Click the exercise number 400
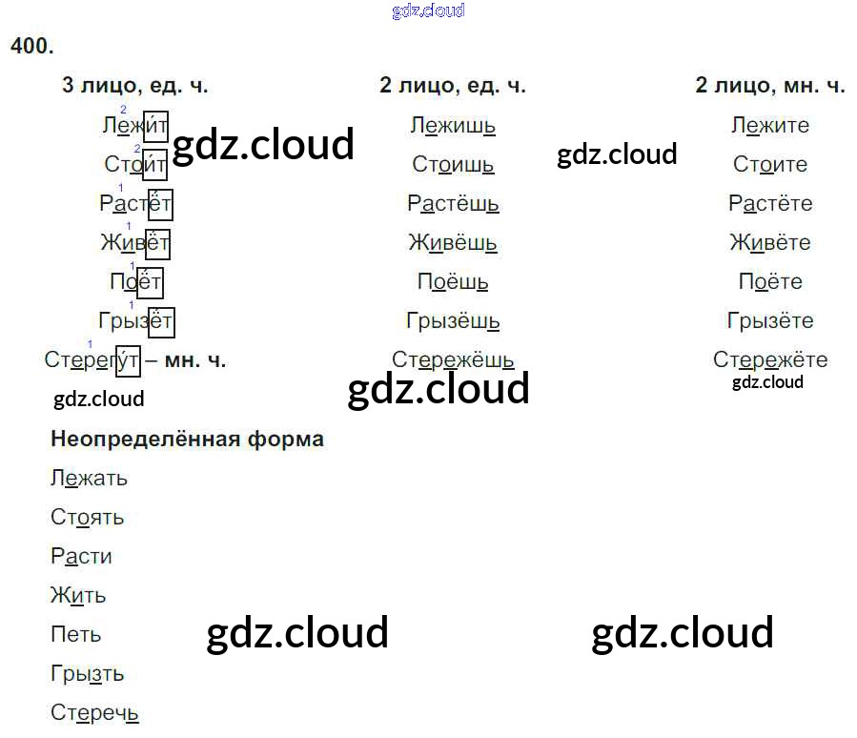tap(32, 45)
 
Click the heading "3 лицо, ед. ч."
tap(134, 86)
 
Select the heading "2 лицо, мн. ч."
tap(770, 86)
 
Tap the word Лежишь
tap(453, 125)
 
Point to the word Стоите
tap(770, 164)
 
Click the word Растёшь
tap(453, 204)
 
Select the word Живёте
tap(770, 243)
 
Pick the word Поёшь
tap(453, 282)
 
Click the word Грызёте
tap(770, 321)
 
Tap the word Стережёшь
tap(453, 360)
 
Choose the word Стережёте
tap(770, 360)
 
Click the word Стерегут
tap(92, 360)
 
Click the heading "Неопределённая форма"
tap(187, 440)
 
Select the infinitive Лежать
tap(89, 479)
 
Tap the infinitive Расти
tap(81, 557)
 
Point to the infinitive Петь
tap(75, 635)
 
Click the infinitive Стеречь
tap(94, 713)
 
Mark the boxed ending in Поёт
tap(151, 282)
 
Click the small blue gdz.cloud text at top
tap(428, 10)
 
